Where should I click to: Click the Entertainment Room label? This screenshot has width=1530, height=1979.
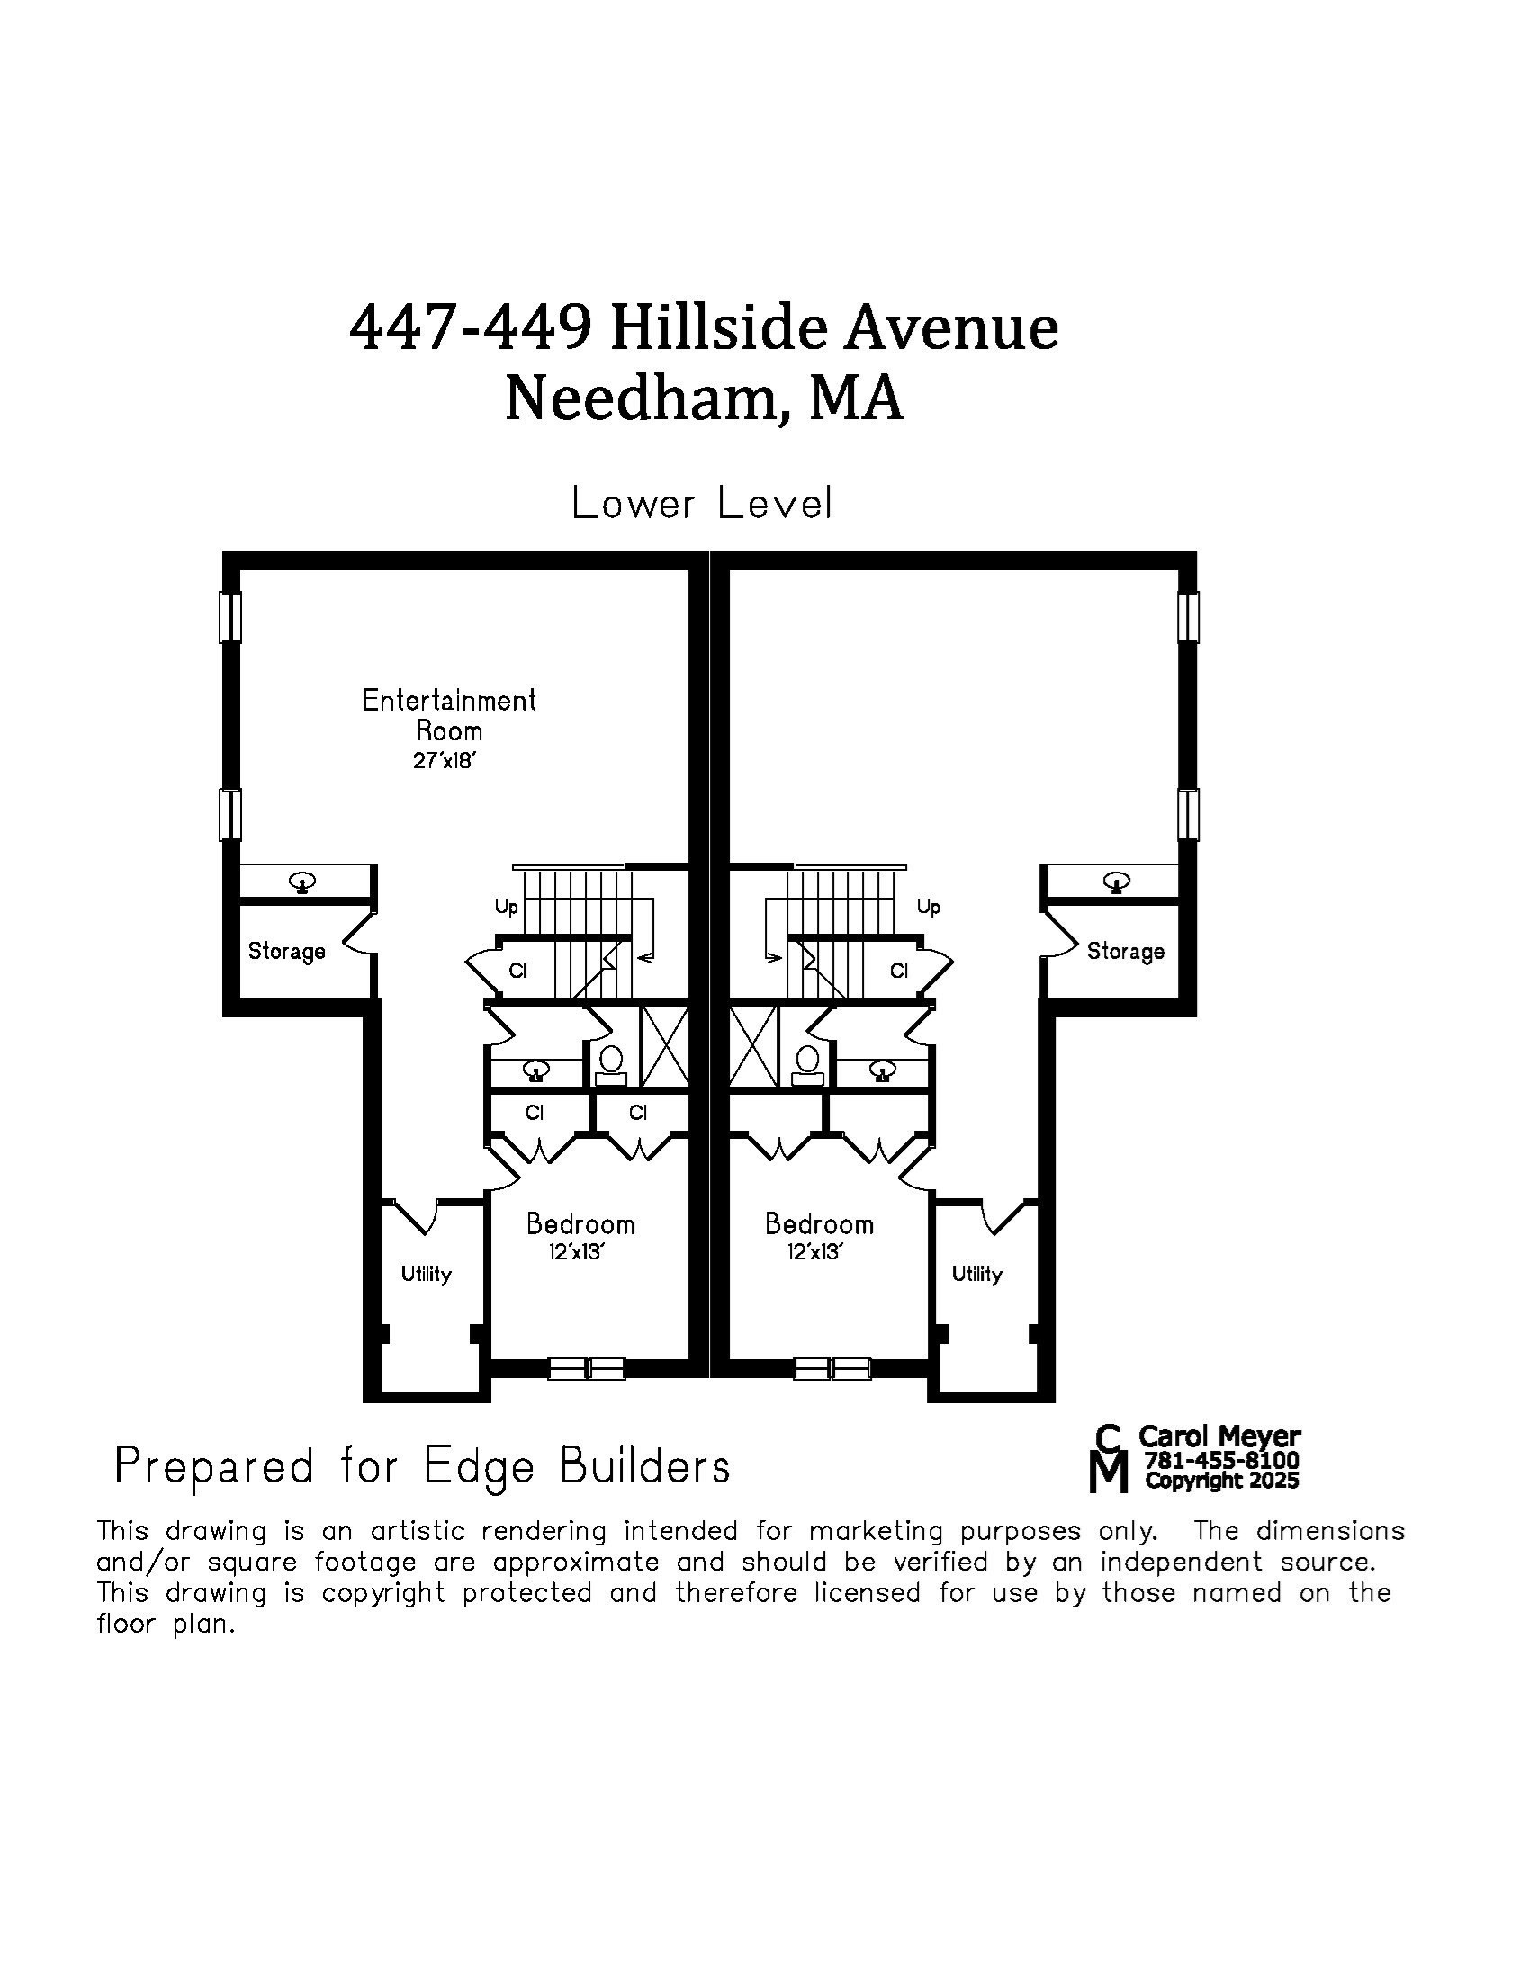coord(449,715)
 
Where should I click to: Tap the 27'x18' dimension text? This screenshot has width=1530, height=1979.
coord(444,761)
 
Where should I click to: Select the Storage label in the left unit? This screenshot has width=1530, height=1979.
coord(286,951)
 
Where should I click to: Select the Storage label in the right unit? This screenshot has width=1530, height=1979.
coord(1125,951)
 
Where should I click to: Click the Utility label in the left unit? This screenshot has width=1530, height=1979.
coord(426,1274)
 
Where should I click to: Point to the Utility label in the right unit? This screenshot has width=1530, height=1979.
coord(976,1274)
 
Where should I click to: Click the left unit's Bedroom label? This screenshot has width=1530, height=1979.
coord(580,1224)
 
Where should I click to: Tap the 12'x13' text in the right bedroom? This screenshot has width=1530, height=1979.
coord(815,1252)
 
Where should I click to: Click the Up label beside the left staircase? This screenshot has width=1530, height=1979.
coord(506,906)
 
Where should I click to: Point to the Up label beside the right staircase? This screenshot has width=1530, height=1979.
coord(928,906)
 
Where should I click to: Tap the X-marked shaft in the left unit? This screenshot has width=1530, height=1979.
coord(664,1046)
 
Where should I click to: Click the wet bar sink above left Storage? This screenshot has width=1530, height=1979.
coord(302,882)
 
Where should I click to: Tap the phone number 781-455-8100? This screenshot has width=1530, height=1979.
coord(1221,1461)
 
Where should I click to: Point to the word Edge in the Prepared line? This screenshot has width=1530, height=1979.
coord(479,1466)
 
